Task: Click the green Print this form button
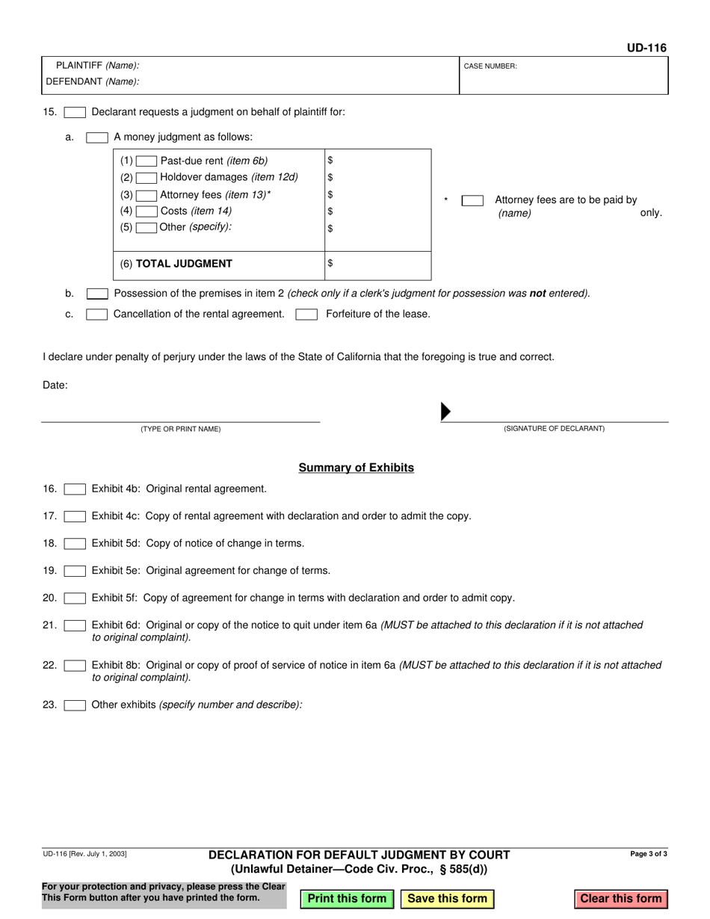[347, 899]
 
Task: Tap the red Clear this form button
[621, 899]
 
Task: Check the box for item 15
[75, 113]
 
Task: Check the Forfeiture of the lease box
[306, 315]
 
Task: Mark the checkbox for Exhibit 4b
[75, 489]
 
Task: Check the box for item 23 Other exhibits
[75, 705]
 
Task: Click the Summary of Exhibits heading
[356, 468]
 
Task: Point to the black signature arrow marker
[445, 412]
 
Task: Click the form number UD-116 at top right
[646, 48]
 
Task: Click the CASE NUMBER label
[490, 66]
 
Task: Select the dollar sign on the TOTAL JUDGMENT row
[330, 263]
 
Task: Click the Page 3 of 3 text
[649, 853]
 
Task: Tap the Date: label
[55, 386]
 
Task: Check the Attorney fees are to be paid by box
[472, 200]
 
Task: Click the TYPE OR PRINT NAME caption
[181, 429]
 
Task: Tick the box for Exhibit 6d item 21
[75, 625]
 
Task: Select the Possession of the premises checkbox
[97, 294]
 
